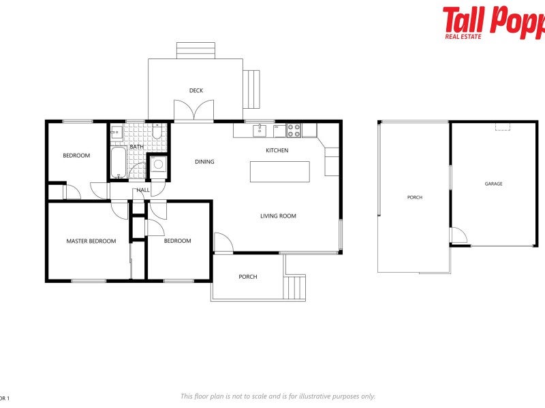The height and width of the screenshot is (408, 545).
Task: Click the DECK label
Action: (196, 90)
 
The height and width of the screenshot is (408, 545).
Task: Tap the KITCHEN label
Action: (277, 150)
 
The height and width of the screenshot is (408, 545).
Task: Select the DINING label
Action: (204, 162)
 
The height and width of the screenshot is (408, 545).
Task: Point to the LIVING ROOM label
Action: (278, 216)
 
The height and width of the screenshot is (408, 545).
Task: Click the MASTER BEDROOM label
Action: (91, 241)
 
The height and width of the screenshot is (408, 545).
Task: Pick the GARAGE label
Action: (493, 184)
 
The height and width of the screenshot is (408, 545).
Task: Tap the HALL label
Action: (143, 190)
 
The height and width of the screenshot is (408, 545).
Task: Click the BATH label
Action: (136, 147)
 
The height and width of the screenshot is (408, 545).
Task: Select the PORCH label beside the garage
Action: (414, 197)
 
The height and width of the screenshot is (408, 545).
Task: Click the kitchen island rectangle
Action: (279, 171)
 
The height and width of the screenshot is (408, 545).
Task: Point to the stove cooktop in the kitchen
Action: (294, 128)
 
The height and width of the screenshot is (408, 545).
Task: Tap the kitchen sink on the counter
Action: (260, 129)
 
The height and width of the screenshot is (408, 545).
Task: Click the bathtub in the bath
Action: (118, 163)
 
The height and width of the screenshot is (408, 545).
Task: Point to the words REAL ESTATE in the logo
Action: (463, 36)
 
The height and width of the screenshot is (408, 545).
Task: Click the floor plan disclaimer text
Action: (277, 396)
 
